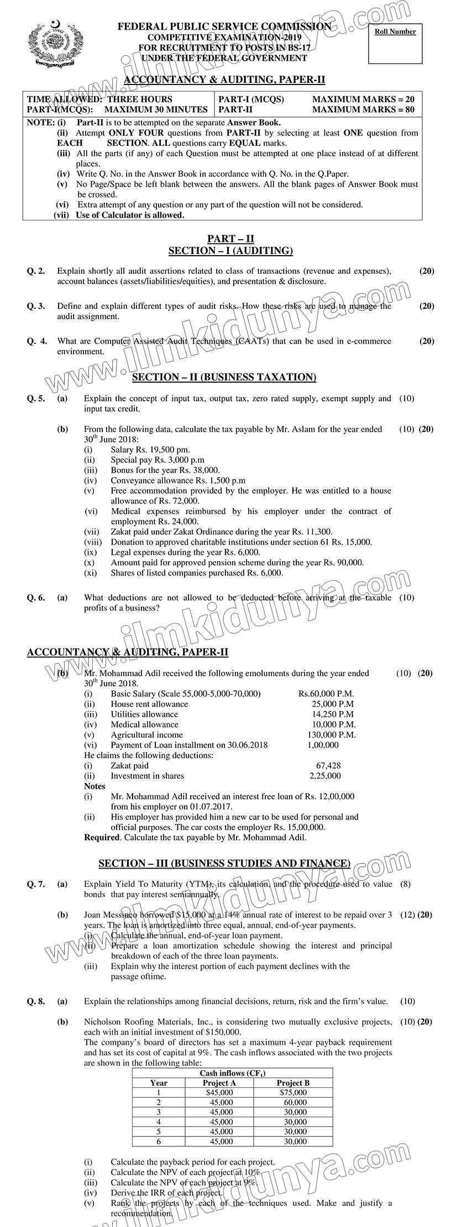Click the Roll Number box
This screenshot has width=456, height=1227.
point(395,43)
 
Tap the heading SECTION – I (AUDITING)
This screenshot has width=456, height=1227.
point(230,251)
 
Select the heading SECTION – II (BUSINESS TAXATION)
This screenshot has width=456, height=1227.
point(224,377)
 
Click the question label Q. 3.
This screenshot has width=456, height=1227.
point(36,306)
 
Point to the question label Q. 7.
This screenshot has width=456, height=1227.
point(36,884)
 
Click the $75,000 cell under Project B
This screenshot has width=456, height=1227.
point(293,1092)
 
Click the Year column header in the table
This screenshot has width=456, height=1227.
point(159,1083)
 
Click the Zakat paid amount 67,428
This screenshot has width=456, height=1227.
point(328,765)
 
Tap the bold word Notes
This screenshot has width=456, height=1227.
point(95,786)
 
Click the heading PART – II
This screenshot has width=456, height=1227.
point(230,239)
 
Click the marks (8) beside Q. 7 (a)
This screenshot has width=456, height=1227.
point(405,884)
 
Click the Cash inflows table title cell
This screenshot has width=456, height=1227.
point(232,1073)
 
